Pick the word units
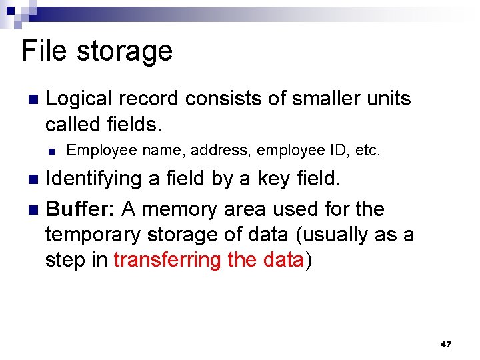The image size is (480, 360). click(389, 99)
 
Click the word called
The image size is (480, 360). click(73, 124)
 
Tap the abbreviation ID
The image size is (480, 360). click(340, 150)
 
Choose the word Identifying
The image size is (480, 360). click(94, 179)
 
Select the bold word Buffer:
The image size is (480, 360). click(81, 209)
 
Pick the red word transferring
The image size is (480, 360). click(167, 260)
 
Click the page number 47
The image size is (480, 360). click(446, 345)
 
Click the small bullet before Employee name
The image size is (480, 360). click(50, 151)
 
